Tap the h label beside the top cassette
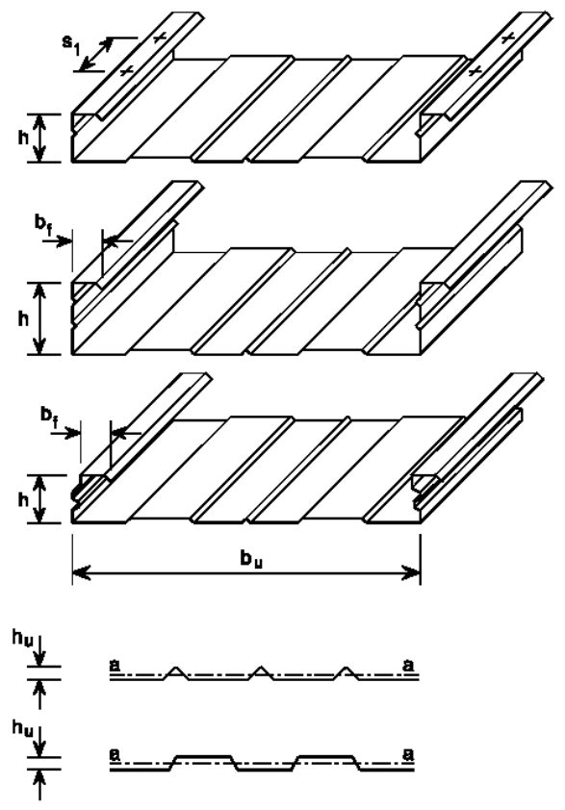coord(23,138)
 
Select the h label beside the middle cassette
coord(23,319)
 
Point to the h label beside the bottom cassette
coord(23,499)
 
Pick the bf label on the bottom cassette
coord(50,417)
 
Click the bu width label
coord(252,560)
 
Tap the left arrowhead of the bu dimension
coord(80,572)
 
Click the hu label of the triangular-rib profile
coord(22,639)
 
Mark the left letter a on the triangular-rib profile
coord(115,666)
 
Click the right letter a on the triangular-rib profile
coord(408,666)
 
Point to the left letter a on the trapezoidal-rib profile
coord(115,755)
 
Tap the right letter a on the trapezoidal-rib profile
coord(408,755)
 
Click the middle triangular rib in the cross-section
coord(262,672)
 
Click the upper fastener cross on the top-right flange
coord(507,38)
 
